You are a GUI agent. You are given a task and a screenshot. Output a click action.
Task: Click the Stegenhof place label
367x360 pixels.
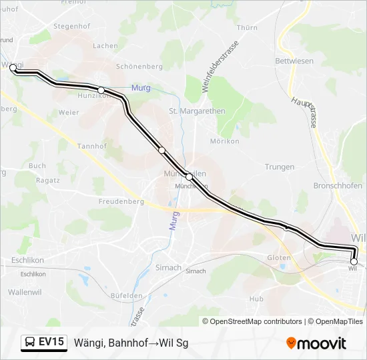point(71,27)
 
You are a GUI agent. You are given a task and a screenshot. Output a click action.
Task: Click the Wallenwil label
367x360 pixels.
point(25,292)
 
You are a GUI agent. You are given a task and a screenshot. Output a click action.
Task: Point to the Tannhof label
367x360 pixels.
point(92,146)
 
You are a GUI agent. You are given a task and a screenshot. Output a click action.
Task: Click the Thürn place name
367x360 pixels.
point(247,28)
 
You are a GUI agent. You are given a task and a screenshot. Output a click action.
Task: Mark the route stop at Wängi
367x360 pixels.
point(13,67)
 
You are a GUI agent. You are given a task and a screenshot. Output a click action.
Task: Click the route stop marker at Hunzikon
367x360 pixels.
point(101,90)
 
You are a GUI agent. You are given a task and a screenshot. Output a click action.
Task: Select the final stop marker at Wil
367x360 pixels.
point(354,261)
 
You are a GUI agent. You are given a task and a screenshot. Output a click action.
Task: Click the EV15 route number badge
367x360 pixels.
point(51,342)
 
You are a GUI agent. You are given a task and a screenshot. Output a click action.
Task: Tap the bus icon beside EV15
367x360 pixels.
point(30,342)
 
